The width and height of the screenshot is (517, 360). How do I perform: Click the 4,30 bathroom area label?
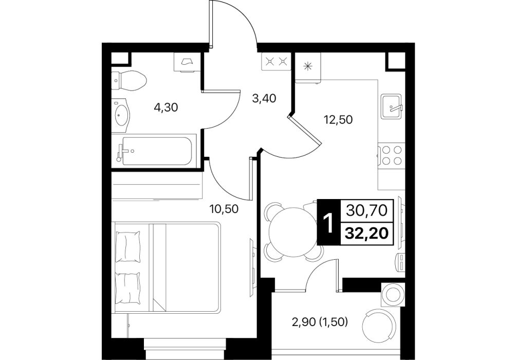(x=166, y=107)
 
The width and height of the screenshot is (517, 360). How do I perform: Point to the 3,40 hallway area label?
(x=264, y=98)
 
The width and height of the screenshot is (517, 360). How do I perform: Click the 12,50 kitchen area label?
(x=338, y=119)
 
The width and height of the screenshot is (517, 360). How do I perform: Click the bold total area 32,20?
(x=366, y=233)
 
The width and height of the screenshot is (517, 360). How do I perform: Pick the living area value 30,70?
(x=366, y=210)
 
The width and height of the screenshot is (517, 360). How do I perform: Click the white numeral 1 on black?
(x=328, y=222)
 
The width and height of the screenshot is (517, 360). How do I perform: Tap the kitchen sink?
(x=392, y=106)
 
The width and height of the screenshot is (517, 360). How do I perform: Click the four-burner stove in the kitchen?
(x=391, y=155)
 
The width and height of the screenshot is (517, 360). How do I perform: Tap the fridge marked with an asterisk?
(x=308, y=67)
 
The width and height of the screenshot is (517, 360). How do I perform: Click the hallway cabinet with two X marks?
(x=276, y=61)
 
